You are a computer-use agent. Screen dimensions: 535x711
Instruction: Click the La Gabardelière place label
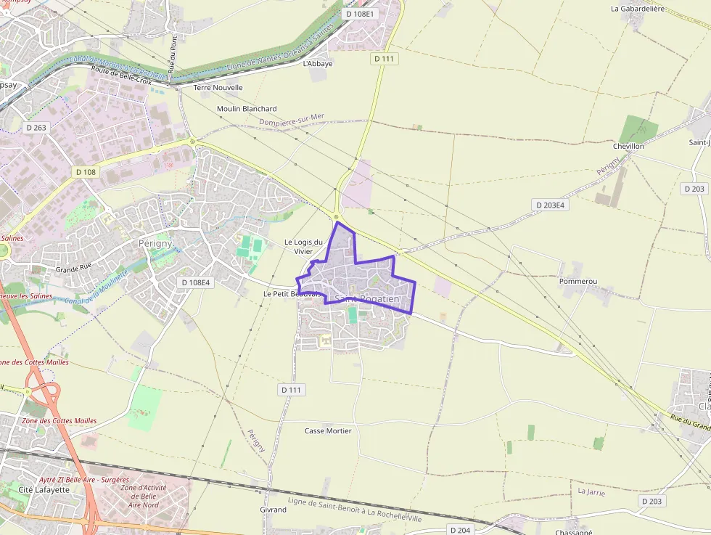click(x=638, y=9)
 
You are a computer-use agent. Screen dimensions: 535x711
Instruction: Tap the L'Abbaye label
click(x=318, y=63)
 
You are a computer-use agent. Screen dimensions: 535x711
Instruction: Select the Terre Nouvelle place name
click(x=218, y=87)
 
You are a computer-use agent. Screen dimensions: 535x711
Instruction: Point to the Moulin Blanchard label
click(x=247, y=109)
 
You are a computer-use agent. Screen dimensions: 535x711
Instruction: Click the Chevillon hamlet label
click(x=628, y=146)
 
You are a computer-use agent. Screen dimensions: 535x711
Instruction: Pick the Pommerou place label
click(x=578, y=280)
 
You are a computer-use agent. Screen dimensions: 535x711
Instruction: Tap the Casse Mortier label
click(x=328, y=430)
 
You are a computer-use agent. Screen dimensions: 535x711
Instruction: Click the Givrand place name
click(x=273, y=510)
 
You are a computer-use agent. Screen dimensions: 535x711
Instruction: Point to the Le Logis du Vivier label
click(x=303, y=247)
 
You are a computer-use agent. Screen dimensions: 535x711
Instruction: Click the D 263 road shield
click(x=36, y=128)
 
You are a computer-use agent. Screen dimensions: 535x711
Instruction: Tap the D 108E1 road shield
click(x=360, y=14)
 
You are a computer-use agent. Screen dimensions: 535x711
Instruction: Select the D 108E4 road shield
click(x=195, y=282)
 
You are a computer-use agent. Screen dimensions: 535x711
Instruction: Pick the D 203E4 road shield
click(x=551, y=205)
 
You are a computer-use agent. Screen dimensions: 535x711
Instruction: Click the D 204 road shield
click(x=460, y=530)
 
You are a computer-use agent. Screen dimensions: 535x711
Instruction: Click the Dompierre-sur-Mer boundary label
click(x=292, y=120)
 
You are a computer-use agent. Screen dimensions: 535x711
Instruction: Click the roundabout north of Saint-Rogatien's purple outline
click(x=336, y=216)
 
